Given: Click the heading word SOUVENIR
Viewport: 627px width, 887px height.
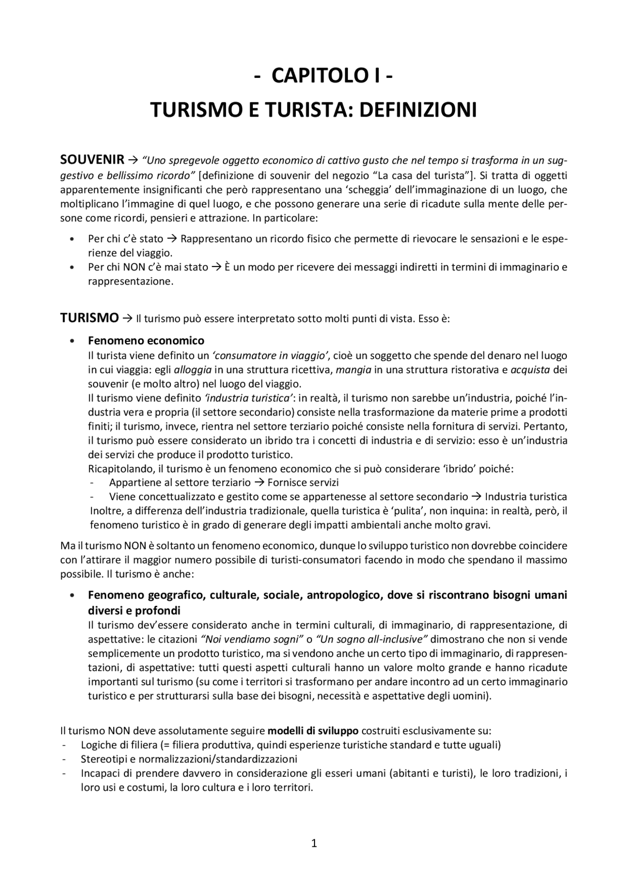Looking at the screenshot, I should tap(92, 160).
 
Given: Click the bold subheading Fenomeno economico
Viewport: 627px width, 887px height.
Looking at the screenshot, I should tap(146, 340).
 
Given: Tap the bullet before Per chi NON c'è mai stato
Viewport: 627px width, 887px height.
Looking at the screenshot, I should tap(72, 267).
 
